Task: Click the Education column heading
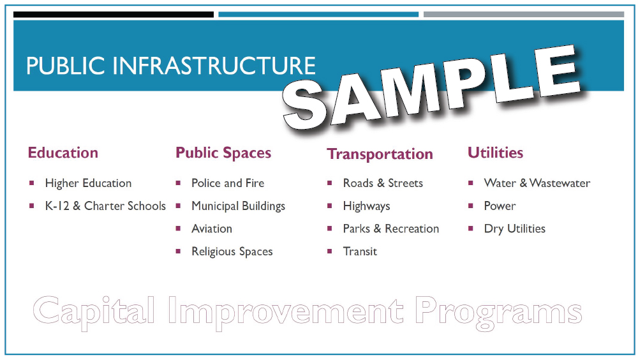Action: coord(63,153)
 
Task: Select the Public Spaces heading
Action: coord(223,153)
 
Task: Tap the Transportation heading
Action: coord(380,154)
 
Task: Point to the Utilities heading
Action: coord(495,153)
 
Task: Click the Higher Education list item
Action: coord(88,183)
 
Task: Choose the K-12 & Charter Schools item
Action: coord(105,206)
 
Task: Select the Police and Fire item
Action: coord(228,183)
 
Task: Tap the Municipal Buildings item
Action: coord(239,206)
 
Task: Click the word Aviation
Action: coord(212,229)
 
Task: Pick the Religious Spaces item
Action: coord(232,251)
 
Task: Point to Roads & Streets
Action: coord(383,183)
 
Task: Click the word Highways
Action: coord(367,206)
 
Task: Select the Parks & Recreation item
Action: coord(391,229)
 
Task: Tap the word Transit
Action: coord(360,251)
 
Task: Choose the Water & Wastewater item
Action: coord(537,183)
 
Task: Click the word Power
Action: coord(500,206)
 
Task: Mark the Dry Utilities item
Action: coord(515,229)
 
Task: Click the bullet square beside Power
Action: coord(471,206)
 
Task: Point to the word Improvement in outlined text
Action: coord(286,312)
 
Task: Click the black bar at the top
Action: coord(114,15)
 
